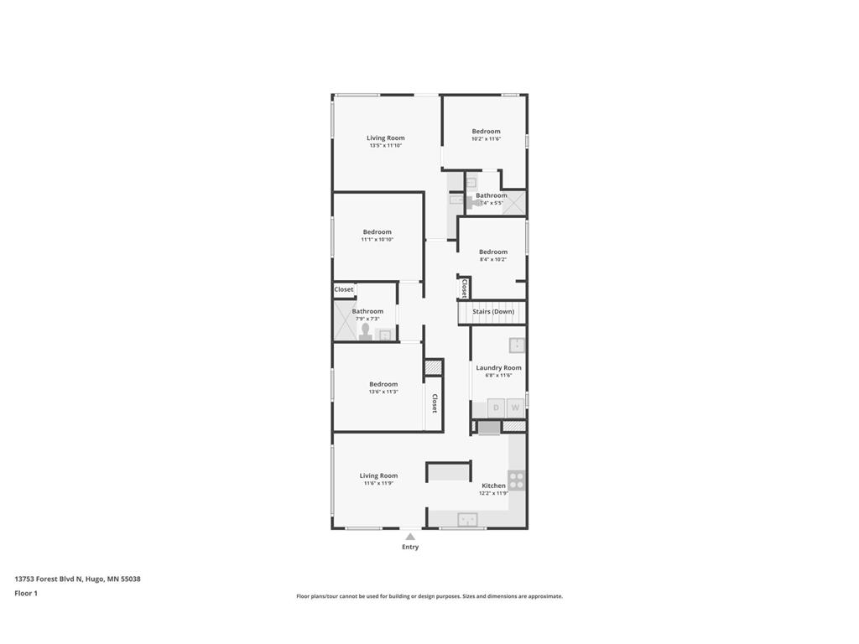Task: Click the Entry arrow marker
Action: point(410,536)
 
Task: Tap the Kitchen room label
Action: point(493,486)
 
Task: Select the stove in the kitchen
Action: point(517,480)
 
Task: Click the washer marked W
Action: point(516,408)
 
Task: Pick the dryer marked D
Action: point(496,408)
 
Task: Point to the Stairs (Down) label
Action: point(493,312)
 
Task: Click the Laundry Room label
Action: point(498,367)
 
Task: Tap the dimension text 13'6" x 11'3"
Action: point(383,392)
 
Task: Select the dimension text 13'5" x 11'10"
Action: point(386,145)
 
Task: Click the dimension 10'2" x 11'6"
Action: point(486,138)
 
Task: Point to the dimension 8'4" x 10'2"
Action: point(493,259)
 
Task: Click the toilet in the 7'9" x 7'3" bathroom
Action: point(365,333)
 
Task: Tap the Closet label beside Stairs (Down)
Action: point(464,288)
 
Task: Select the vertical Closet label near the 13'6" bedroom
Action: point(435,403)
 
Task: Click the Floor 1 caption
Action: point(26,593)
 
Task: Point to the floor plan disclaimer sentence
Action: point(429,596)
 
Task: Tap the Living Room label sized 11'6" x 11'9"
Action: point(379,475)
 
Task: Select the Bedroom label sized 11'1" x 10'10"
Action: point(377,231)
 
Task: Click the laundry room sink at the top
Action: point(517,345)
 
